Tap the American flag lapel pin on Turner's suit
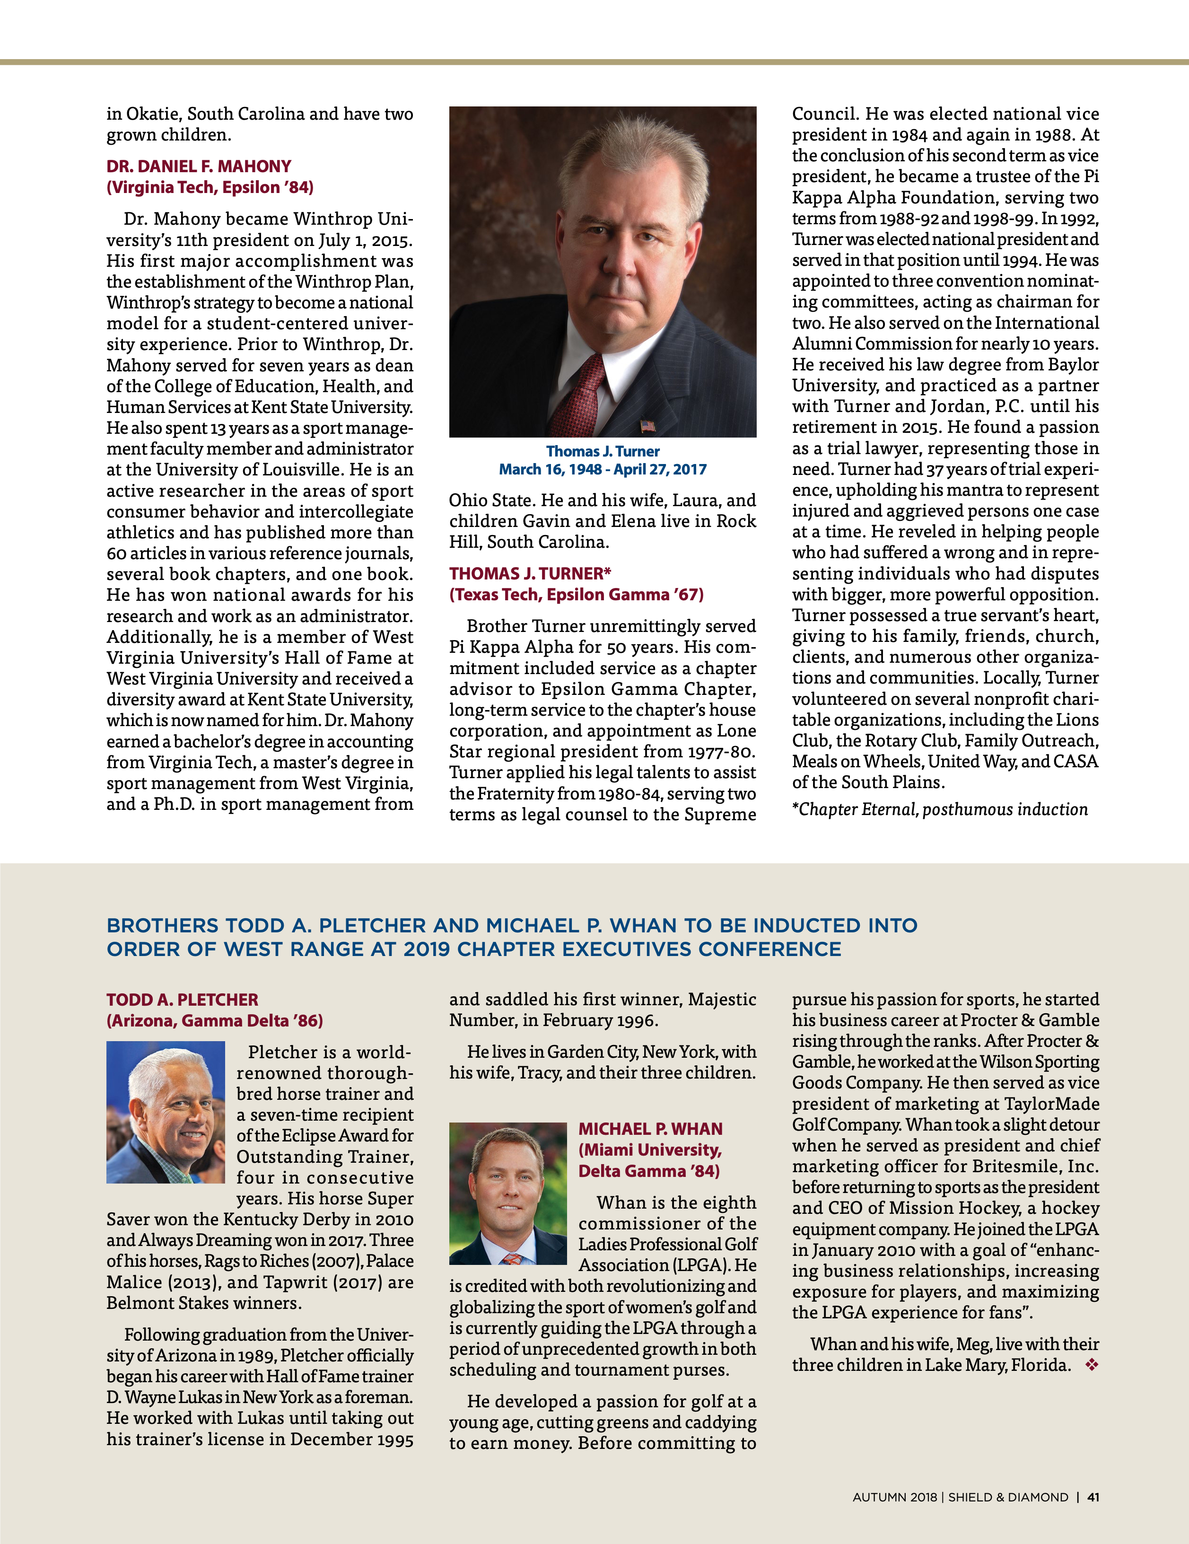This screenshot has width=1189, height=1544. point(647,426)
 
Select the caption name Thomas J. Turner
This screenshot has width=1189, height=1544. point(602,451)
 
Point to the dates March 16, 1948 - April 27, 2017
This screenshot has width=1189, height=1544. point(602,469)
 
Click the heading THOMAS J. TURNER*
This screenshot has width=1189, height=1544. point(529,573)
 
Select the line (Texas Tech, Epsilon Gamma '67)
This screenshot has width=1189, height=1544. point(576,595)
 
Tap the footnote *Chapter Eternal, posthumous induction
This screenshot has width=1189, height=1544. point(939,809)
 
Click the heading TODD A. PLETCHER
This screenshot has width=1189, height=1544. point(183,1000)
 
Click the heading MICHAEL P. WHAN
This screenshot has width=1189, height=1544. point(650,1129)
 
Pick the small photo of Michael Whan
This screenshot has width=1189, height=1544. point(507,1193)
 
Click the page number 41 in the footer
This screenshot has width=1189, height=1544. point(1093,1497)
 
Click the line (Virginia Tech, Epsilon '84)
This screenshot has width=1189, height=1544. point(210,187)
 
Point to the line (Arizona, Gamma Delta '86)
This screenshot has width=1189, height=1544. point(214,1021)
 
